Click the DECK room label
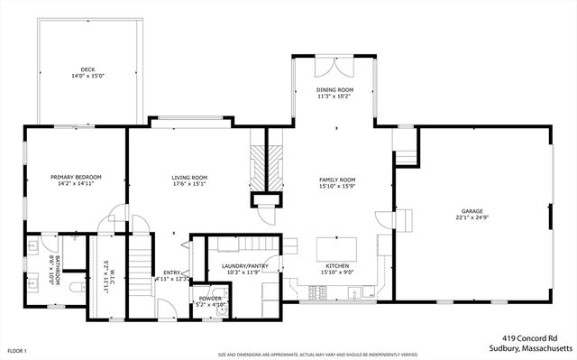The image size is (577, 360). point(87,69)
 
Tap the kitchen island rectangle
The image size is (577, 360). point(336,248)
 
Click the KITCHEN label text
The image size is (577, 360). point(336,266)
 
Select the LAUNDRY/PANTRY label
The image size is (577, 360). point(241,266)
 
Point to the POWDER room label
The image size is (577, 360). point(210,298)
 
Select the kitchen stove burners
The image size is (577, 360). point(317,291)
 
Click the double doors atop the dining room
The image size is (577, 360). point(334,65)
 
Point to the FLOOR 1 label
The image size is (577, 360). point(17,350)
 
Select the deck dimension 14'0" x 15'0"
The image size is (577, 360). point(87,77)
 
